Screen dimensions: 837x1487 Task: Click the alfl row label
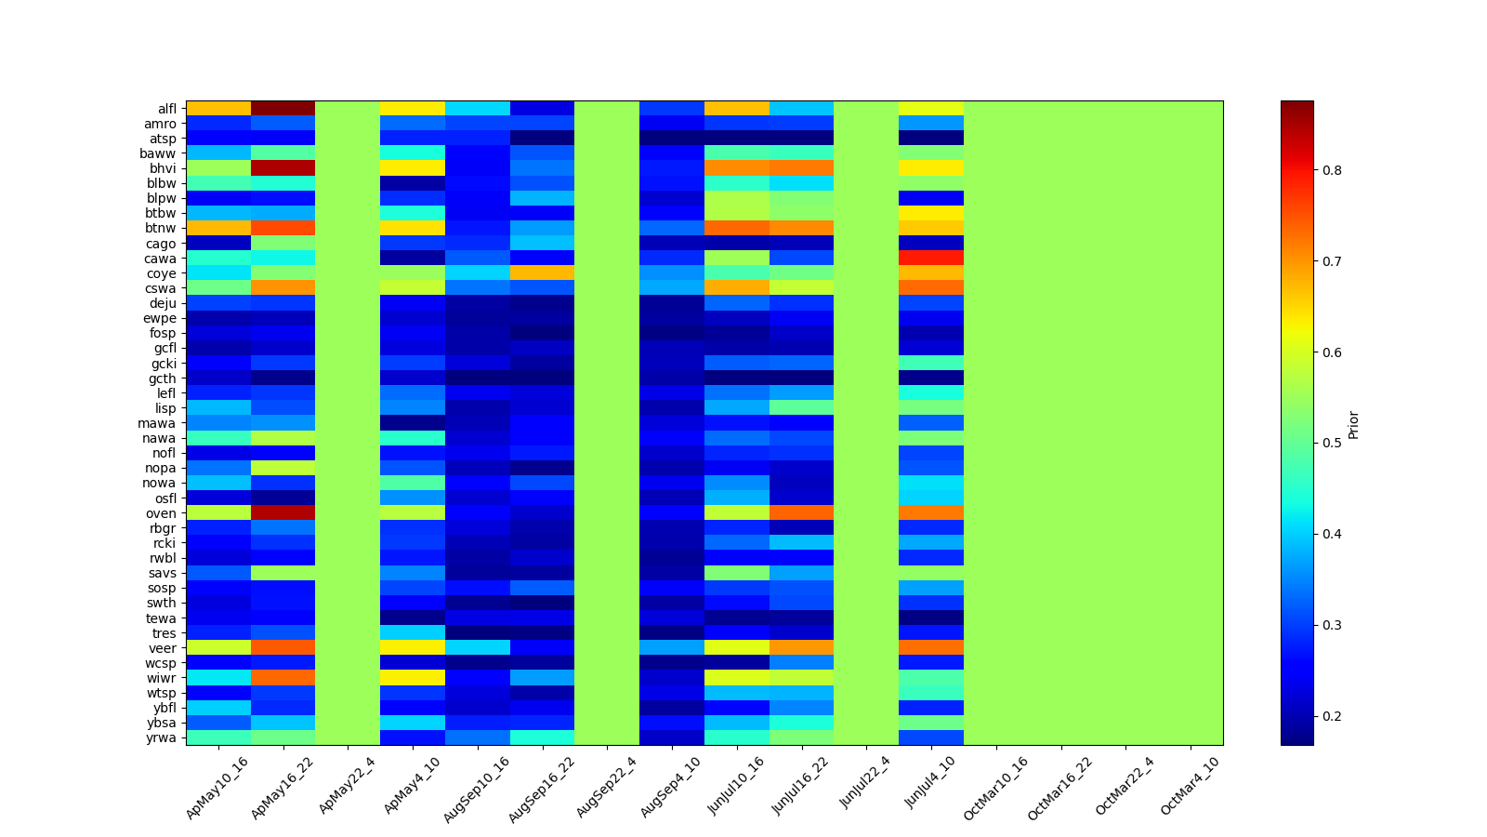[166, 109]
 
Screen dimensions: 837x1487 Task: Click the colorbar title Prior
[1353, 424]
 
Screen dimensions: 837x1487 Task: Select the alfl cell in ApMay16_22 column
[283, 109]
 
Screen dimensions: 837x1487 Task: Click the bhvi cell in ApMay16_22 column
[283, 168]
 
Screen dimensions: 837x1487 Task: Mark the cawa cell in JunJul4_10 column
[931, 259]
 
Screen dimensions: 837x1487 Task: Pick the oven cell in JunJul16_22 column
[801, 513]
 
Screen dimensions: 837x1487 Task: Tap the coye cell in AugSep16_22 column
[542, 273]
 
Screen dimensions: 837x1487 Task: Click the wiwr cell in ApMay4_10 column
[413, 678]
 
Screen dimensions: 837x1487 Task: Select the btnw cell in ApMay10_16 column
[218, 229]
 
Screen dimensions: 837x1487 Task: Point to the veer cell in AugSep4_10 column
[672, 648]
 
